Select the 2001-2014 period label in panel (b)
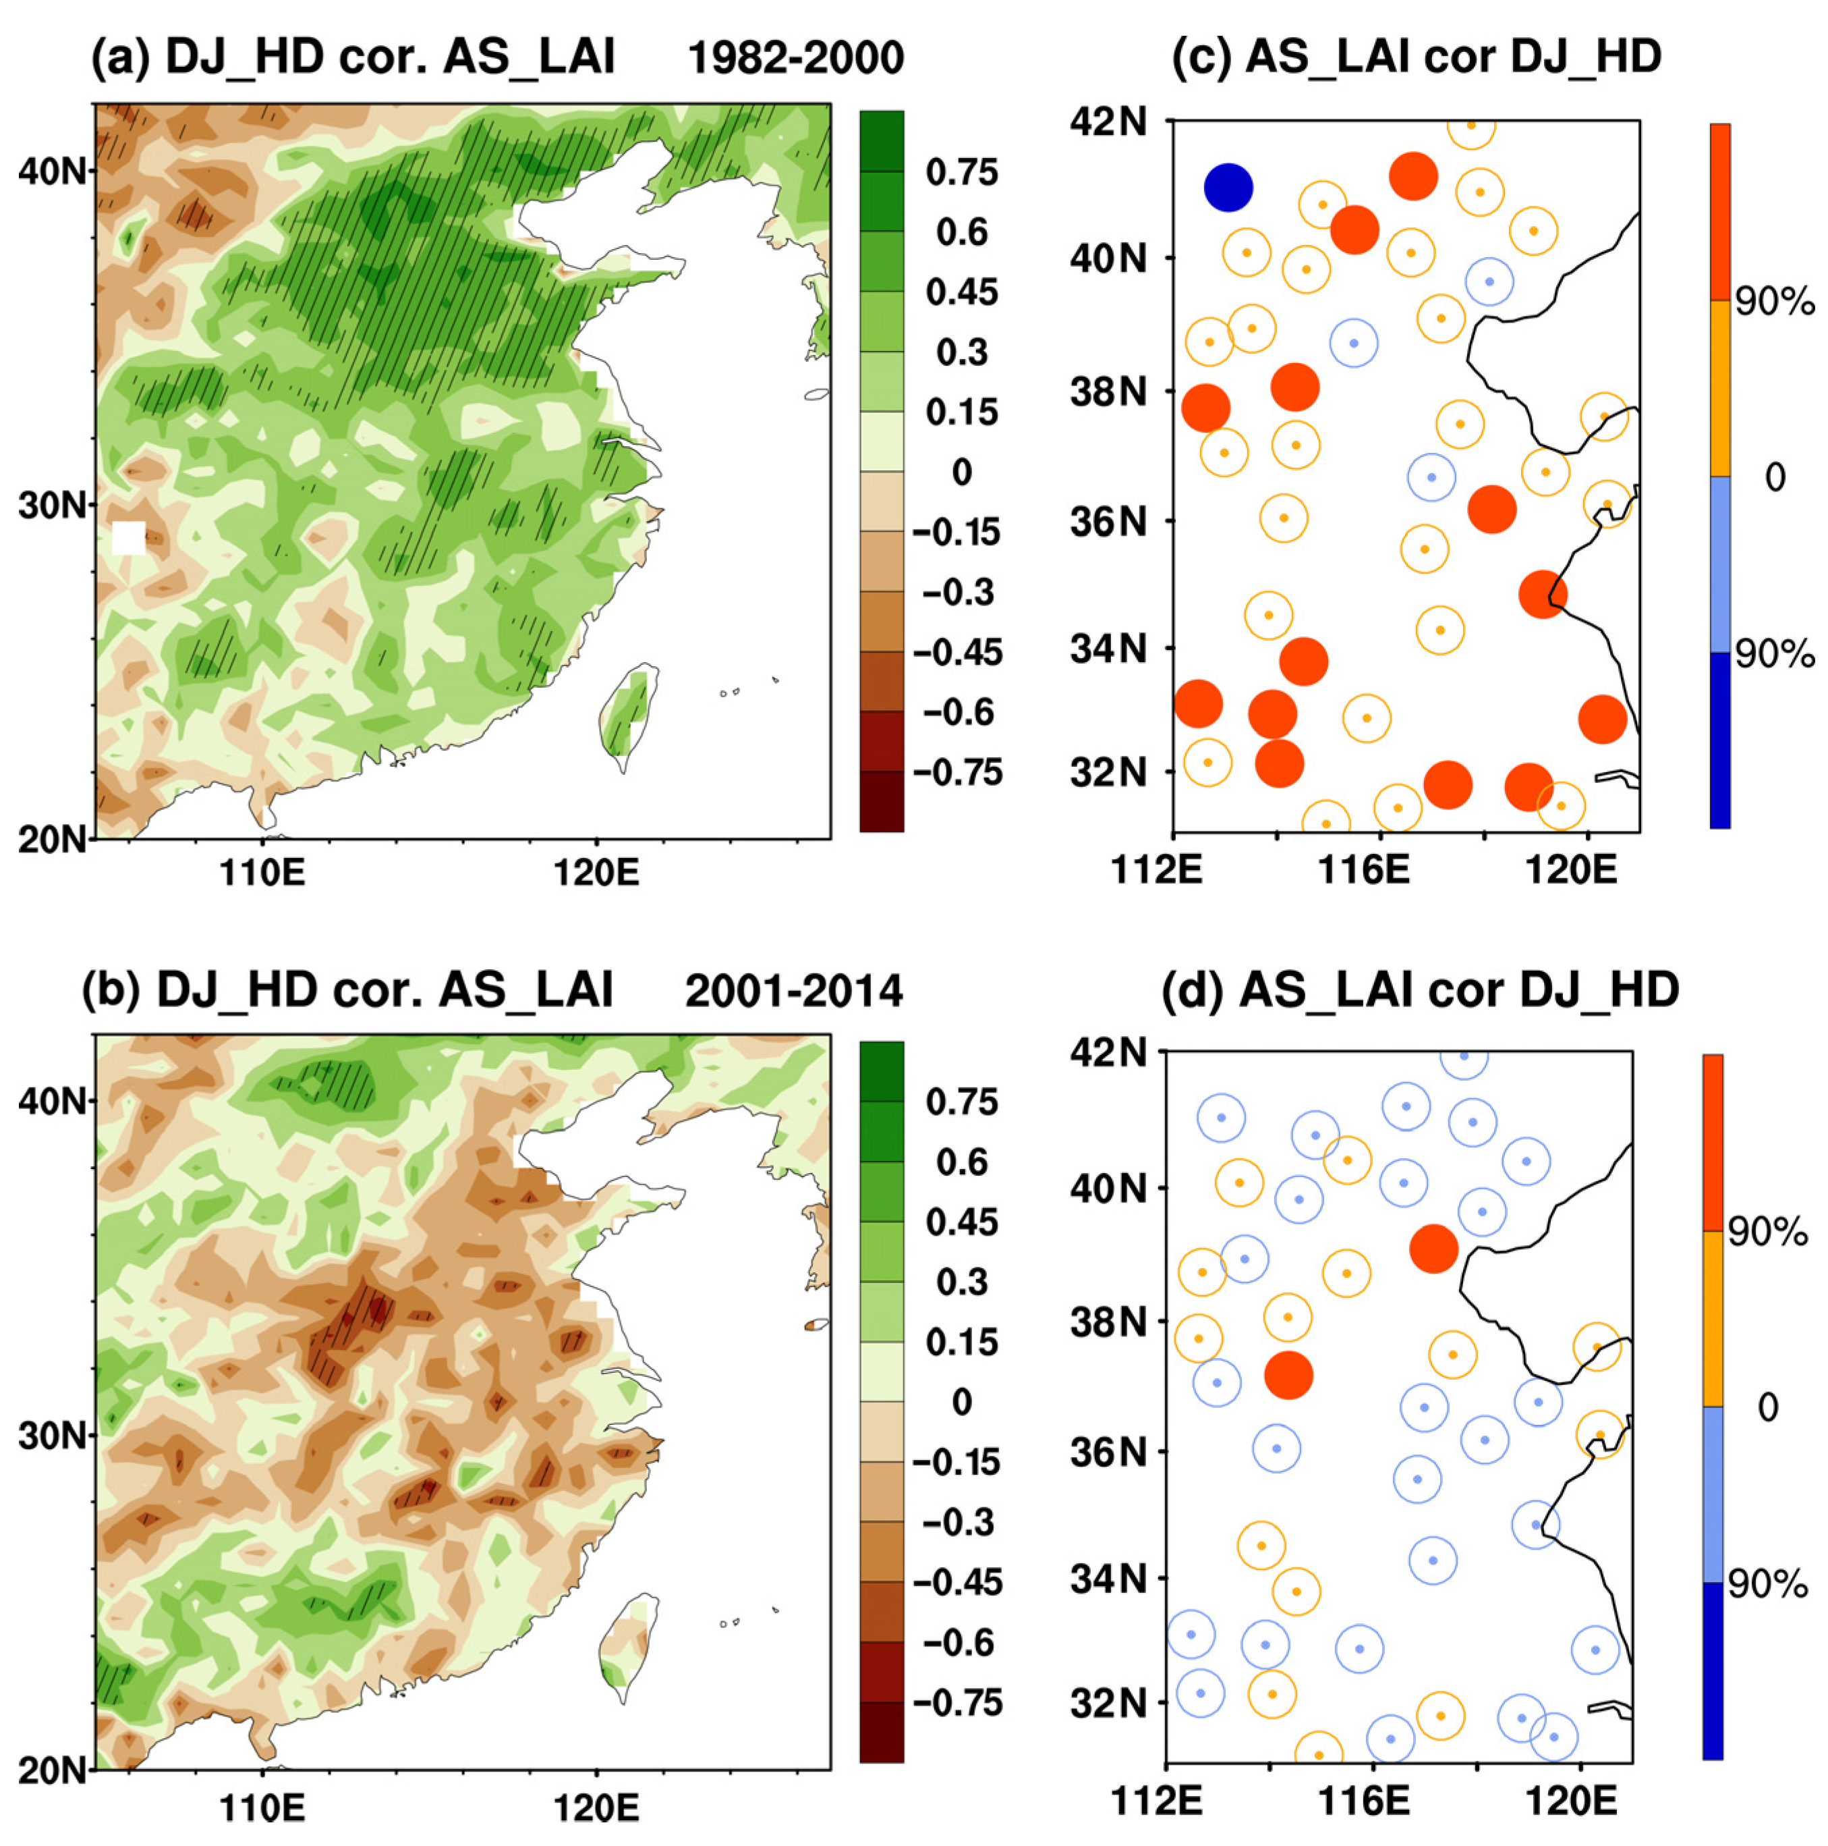pos(793,992)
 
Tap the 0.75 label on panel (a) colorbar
pos(961,172)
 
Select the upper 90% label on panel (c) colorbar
pos(1773,302)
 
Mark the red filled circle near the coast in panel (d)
pos(1433,1248)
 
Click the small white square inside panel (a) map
pos(128,538)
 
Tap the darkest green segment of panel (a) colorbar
pos(880,142)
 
